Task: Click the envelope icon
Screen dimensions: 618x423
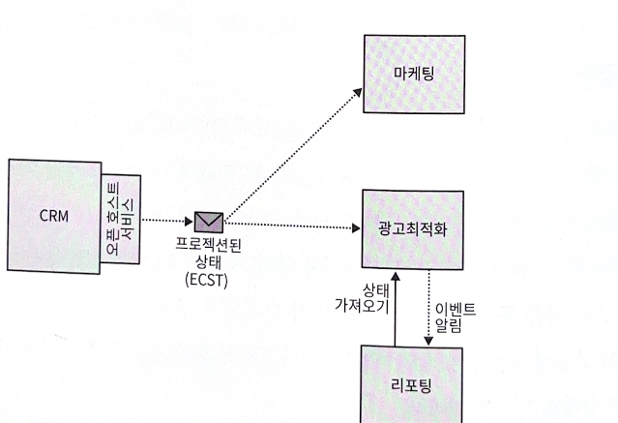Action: point(208,223)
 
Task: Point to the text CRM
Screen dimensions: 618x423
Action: point(54,216)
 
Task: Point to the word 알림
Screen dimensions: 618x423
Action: point(449,327)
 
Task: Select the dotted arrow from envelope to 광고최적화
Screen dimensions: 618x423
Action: point(290,226)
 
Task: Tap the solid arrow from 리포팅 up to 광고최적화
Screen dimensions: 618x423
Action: point(396,310)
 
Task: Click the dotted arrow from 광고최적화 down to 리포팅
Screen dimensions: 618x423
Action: point(427,310)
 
